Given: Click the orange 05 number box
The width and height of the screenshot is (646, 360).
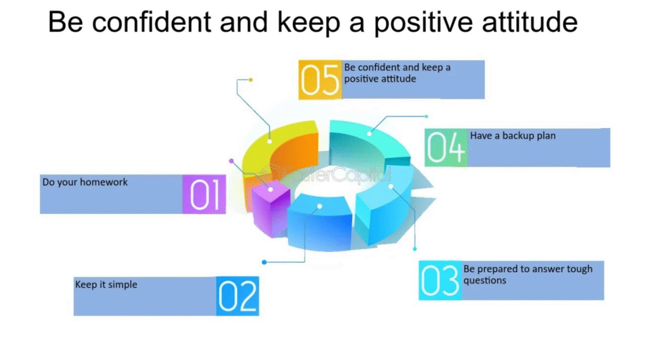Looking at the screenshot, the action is tap(320, 80).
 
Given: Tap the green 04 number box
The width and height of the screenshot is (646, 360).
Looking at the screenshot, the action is tap(446, 148).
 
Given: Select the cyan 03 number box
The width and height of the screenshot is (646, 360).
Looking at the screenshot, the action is tap(440, 281).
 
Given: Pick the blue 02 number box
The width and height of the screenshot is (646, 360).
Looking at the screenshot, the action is tap(238, 296).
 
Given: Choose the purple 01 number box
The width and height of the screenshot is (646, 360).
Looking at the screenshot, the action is tap(204, 194).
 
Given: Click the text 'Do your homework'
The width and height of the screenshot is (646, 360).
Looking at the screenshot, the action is tap(85, 182).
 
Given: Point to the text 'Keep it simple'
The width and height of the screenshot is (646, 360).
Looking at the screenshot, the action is tap(106, 284).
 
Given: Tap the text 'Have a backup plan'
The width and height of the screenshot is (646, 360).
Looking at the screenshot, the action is tap(513, 136).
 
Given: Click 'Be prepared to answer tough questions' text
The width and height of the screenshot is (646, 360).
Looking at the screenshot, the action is tap(528, 275).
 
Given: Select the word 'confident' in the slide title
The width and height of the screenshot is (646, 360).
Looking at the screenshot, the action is tap(151, 22).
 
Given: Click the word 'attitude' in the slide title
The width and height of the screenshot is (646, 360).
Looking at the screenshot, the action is tap(530, 22).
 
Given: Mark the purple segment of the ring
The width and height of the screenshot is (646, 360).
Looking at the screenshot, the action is tap(270, 208).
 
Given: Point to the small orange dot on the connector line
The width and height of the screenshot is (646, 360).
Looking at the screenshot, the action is tap(250, 80).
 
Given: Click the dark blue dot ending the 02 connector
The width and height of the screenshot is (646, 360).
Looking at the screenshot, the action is tap(264, 262).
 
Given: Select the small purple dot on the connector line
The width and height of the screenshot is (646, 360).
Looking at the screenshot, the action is tap(231, 161).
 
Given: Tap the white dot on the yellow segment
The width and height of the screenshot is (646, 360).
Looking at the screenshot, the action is tap(269, 141).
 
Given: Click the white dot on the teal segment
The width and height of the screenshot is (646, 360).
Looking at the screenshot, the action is tap(369, 134).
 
